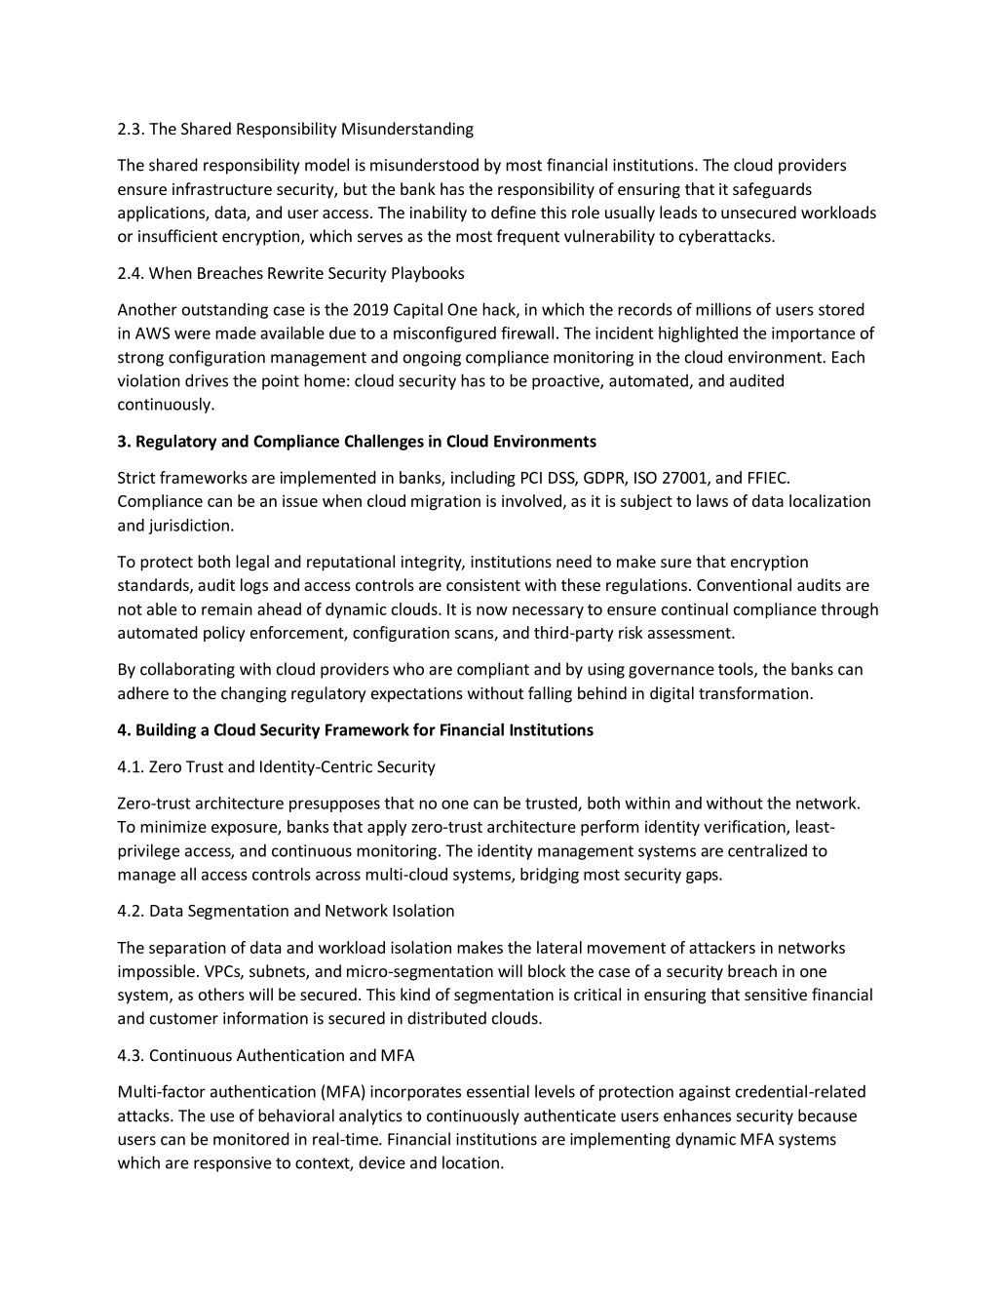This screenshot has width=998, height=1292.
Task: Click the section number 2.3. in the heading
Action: [131, 129]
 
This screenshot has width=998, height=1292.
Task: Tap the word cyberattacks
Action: [727, 236]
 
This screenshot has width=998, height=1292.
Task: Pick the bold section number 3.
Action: [124, 442]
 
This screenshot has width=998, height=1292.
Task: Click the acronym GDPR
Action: [604, 478]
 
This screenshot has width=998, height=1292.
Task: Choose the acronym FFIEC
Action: [769, 478]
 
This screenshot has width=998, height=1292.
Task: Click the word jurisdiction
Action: [191, 526]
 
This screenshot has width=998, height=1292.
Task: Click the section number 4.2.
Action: [131, 911]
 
